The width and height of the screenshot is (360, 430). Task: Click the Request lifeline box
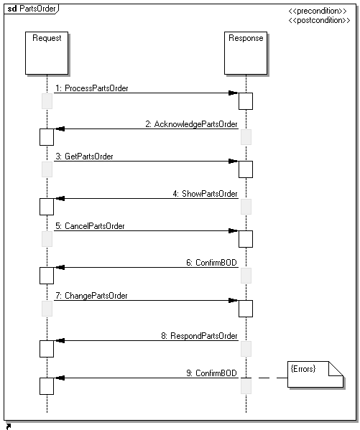click(47, 53)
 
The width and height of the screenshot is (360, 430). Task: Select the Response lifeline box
click(246, 53)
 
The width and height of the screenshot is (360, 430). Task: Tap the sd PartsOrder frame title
click(32, 9)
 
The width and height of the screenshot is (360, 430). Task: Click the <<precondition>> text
click(318, 11)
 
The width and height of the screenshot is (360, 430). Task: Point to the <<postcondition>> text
click(319, 20)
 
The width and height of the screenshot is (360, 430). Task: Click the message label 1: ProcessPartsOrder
click(92, 88)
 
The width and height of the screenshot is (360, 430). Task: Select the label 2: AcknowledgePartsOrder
click(191, 124)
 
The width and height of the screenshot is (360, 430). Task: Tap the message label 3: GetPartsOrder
click(84, 156)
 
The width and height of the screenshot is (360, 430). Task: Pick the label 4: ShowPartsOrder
click(205, 194)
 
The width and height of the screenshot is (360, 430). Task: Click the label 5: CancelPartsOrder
click(90, 226)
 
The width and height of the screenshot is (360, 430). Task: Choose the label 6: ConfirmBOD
click(211, 263)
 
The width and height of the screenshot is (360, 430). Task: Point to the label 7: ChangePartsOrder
click(91, 296)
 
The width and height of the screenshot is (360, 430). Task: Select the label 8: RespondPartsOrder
click(199, 336)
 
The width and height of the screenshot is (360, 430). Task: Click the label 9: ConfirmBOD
click(211, 373)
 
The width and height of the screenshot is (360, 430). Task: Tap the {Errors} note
click(315, 374)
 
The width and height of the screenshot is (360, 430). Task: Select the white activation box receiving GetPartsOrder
click(246, 169)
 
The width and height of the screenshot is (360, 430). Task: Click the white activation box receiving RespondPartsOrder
click(47, 349)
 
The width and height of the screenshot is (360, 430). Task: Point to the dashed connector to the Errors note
click(269, 378)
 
